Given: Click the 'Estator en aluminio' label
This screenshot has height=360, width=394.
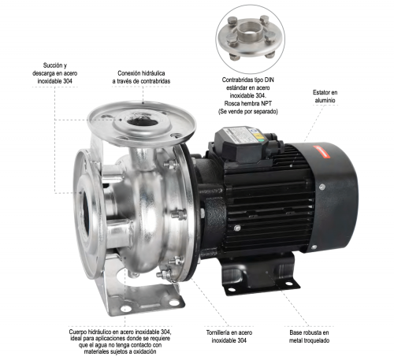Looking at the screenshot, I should click(x=324, y=96).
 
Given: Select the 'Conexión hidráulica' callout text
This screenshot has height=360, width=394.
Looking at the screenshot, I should click(x=143, y=76).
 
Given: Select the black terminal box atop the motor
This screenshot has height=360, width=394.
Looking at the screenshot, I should click(x=241, y=141).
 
